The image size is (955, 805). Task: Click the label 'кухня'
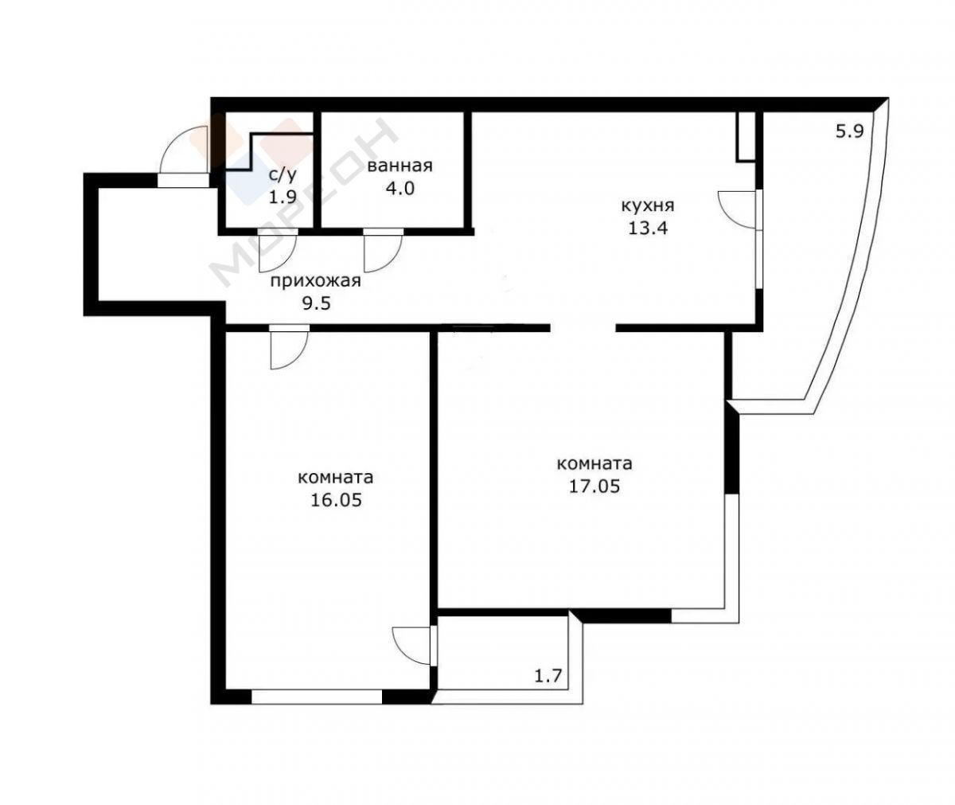(648, 206)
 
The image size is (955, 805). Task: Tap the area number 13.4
(648, 228)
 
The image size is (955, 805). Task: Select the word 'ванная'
(400, 166)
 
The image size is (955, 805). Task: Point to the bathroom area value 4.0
(400, 188)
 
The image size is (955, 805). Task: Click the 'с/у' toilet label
(283, 174)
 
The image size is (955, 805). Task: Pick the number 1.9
(283, 197)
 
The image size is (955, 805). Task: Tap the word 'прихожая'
(316, 281)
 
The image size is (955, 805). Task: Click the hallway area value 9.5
(316, 303)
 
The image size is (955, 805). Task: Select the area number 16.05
(336, 500)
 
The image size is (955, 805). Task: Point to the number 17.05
(594, 486)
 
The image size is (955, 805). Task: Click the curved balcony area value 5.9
(850, 132)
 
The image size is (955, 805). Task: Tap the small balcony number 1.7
(548, 675)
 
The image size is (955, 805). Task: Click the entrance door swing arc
(176, 137)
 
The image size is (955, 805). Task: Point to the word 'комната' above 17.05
(594, 464)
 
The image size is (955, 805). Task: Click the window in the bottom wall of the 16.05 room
(317, 697)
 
